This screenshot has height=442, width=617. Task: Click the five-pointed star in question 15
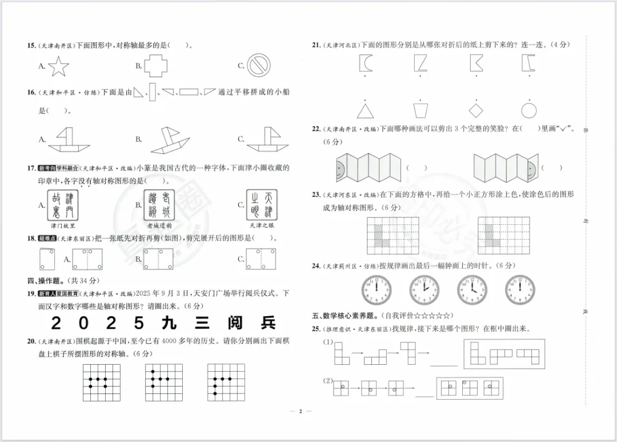pyautogui.click(x=58, y=66)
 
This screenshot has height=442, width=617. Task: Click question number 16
pyautogui.click(x=31, y=92)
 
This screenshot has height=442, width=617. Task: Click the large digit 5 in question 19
pyautogui.click(x=139, y=323)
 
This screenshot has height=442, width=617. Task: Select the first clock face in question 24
pyautogui.click(x=376, y=290)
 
